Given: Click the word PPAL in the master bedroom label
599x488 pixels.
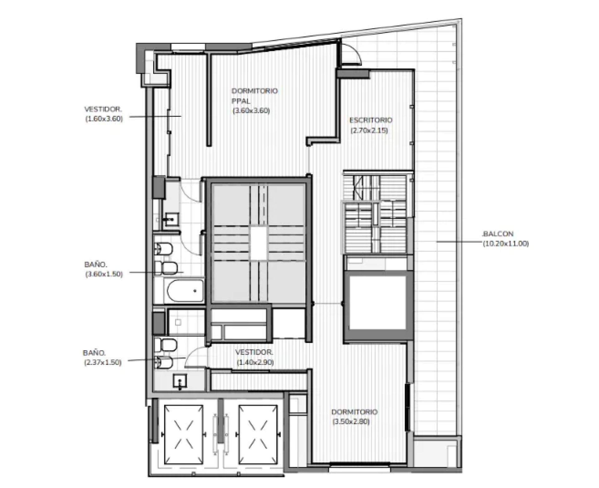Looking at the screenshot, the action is point(241,101).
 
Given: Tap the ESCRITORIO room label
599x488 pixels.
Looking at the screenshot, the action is point(371,120).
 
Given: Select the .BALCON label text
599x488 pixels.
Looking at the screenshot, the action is point(498,234).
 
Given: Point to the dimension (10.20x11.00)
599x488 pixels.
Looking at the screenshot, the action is point(506,244).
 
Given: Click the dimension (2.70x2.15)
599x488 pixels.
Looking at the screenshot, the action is point(369,130).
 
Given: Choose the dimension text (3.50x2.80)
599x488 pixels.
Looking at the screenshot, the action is point(351,421).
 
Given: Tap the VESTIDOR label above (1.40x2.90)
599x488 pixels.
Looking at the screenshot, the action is point(254,352).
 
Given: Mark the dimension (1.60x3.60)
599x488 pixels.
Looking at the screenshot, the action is point(104,119).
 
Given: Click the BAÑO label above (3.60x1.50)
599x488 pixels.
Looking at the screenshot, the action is point(96,264).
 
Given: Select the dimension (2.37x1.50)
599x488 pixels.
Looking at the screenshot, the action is point(103,362).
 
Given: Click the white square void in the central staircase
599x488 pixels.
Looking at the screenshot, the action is point(259,243).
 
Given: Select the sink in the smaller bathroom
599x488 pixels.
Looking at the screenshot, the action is point(180,381).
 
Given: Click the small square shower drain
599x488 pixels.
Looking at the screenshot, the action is point(178,323).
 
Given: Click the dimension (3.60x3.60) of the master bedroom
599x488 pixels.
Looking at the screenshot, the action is point(251,111).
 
